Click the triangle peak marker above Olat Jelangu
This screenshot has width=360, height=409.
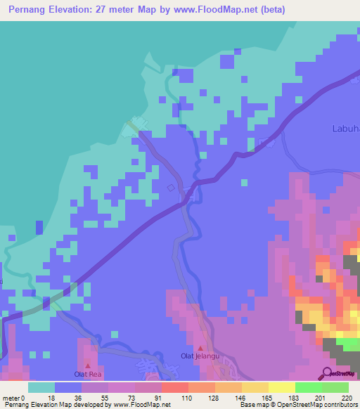[x=200, y=348]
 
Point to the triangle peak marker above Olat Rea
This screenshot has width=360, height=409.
[x=88, y=365]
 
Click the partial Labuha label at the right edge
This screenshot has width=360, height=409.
[x=345, y=128]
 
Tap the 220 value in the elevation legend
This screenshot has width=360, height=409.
[x=346, y=398]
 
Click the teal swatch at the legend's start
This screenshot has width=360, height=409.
[x=41, y=387]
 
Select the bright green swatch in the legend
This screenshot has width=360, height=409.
[x=309, y=387]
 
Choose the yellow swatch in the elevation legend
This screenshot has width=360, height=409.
[x=282, y=387]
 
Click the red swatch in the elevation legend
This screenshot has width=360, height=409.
[x=174, y=387]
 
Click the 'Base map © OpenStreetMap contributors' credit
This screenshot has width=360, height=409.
[x=297, y=405]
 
